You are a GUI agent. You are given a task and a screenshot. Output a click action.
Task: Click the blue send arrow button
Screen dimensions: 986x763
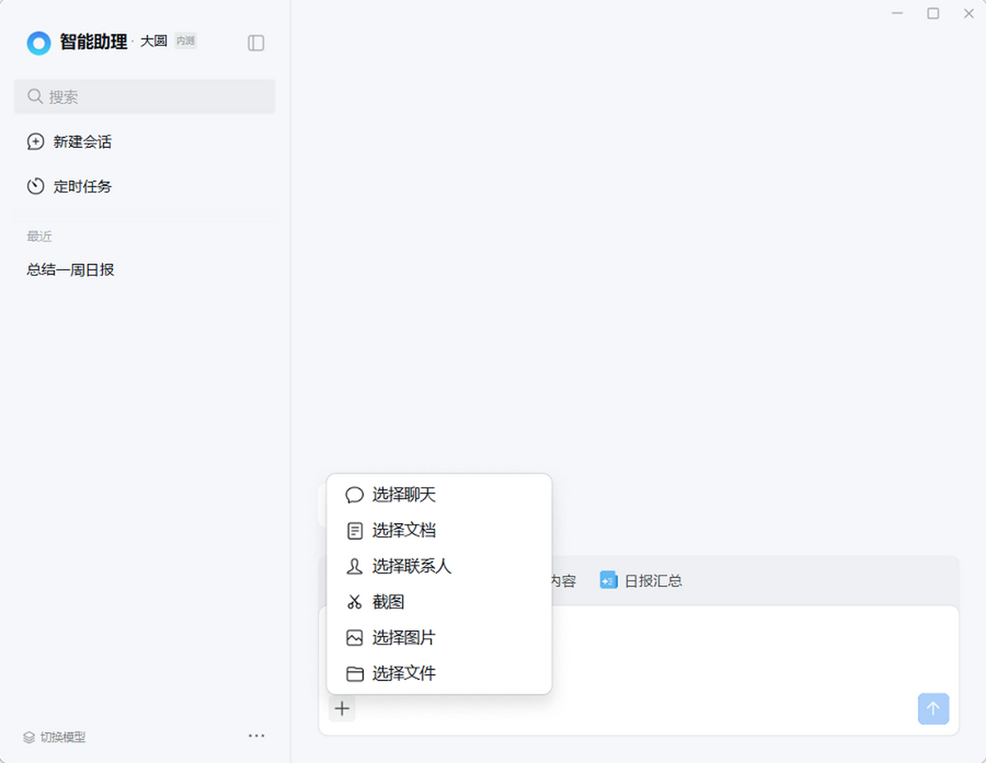[x=933, y=709]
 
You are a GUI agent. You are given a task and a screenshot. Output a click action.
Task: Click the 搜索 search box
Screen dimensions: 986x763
[x=145, y=97]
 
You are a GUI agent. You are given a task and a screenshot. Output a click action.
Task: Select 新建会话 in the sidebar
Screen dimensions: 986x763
[x=69, y=142]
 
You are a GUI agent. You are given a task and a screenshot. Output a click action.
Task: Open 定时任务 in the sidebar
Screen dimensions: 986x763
[x=69, y=186]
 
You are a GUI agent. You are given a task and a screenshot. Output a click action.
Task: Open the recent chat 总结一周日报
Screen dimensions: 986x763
[x=71, y=269]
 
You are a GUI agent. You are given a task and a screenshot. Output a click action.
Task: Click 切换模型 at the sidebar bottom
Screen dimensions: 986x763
[x=54, y=738]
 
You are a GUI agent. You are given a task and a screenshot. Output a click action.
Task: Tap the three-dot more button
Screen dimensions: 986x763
[x=256, y=736]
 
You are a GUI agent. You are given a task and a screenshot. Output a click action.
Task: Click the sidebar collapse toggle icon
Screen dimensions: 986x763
[x=256, y=43]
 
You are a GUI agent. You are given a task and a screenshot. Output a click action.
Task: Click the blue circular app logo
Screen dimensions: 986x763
[x=39, y=43]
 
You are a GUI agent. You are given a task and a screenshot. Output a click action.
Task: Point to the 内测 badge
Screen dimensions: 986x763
[x=186, y=41]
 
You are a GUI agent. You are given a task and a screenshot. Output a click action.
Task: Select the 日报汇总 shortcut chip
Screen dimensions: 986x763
[x=641, y=581]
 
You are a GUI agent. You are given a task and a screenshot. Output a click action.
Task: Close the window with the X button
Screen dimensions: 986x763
[x=969, y=14]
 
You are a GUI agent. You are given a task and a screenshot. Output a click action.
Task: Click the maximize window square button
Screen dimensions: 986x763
[x=933, y=14]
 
